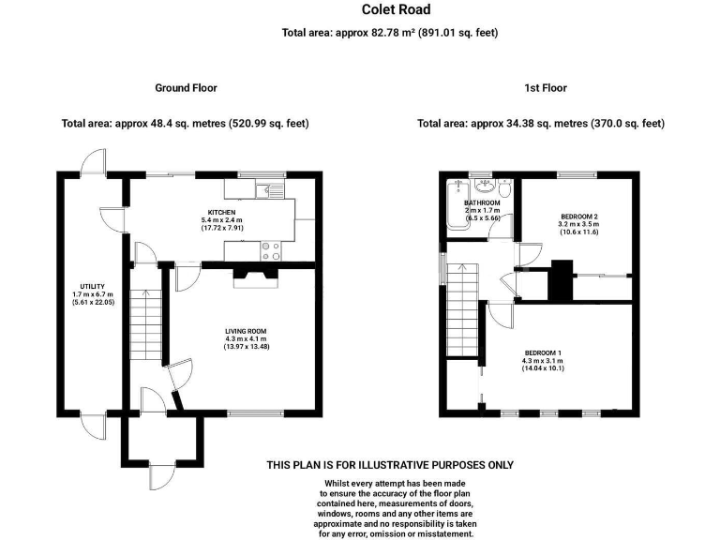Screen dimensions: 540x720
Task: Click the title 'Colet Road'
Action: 397,10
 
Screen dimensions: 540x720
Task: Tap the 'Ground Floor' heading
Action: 186,88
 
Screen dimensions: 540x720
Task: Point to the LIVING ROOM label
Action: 246,331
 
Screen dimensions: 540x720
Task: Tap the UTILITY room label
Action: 92,287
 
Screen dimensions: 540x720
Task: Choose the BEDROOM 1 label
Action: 543,352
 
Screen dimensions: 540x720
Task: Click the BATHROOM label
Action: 483,203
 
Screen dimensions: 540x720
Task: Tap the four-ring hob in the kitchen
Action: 271,250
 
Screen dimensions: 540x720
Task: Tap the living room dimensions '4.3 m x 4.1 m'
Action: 246,339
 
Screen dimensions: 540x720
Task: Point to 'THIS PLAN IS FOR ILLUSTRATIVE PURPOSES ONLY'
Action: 390,465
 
